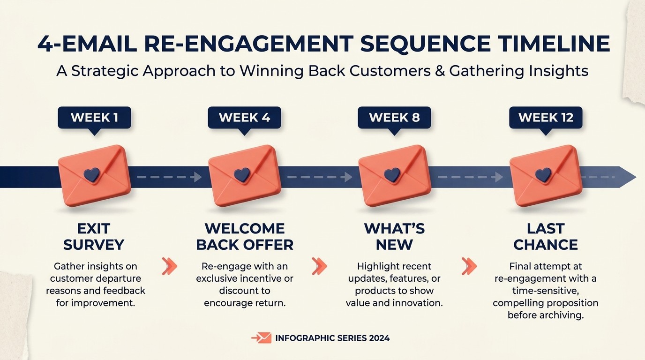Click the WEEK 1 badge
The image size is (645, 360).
click(x=94, y=117)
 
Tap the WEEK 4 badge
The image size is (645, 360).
click(x=244, y=117)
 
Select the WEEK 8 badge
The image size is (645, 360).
click(x=394, y=117)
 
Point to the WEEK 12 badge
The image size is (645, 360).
click(x=546, y=117)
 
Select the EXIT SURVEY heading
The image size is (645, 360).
click(x=94, y=237)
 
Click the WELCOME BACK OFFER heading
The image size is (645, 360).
click(x=245, y=237)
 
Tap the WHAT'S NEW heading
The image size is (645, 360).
click(x=394, y=237)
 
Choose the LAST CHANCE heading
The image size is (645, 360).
click(x=546, y=237)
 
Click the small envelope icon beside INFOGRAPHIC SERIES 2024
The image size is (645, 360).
click(x=262, y=338)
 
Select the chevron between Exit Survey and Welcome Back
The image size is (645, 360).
click(x=170, y=266)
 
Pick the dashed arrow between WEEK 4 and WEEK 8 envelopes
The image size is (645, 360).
click(x=319, y=177)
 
